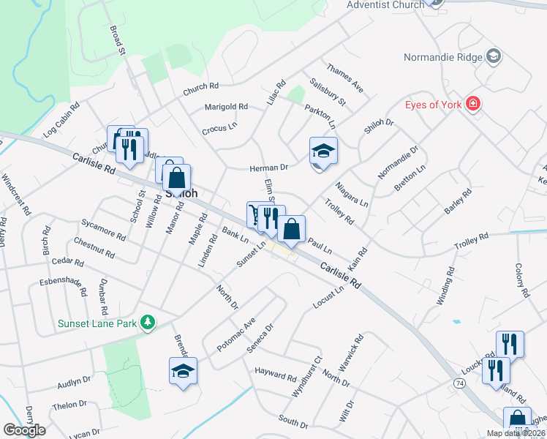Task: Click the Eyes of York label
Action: tap(434, 105)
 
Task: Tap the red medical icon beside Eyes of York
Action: tap(473, 104)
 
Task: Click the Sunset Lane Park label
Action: tap(99, 323)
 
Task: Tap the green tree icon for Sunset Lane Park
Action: tap(148, 322)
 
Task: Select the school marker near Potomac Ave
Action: tap(183, 371)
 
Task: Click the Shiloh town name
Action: tap(182, 194)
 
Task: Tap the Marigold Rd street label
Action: tap(226, 107)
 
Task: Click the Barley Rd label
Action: tap(458, 201)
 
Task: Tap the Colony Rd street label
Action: tap(521, 280)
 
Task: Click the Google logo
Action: tap(25, 430)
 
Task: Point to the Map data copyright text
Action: tap(516, 433)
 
